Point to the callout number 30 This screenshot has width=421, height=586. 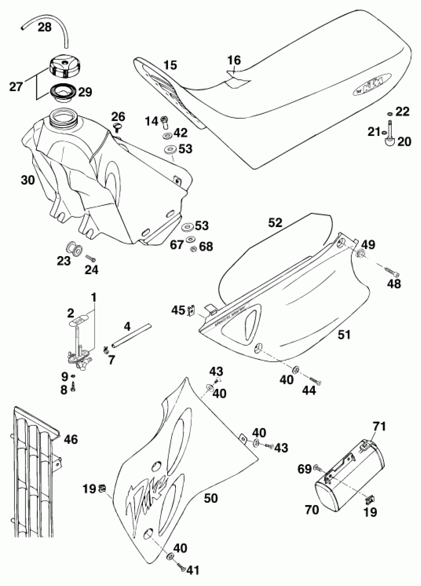pyautogui.click(x=28, y=180)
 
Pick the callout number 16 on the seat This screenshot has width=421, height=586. pyautogui.click(x=234, y=60)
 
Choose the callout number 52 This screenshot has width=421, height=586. pyautogui.click(x=275, y=222)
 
